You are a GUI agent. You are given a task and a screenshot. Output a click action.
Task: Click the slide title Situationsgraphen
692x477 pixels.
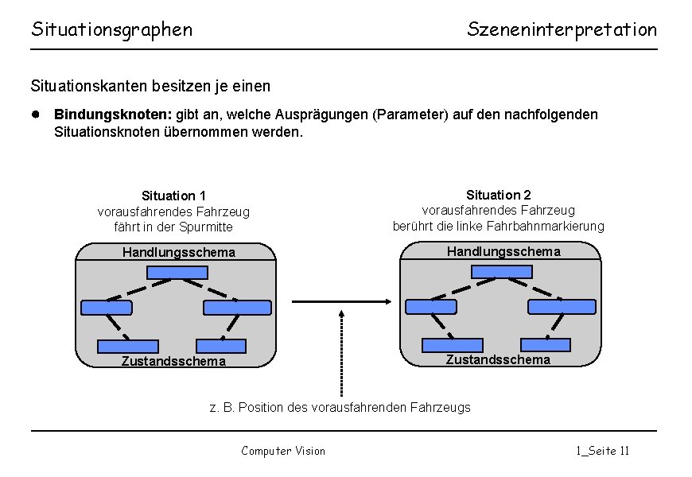[111, 30]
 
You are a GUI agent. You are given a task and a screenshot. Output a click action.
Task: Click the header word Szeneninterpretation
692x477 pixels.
[562, 30]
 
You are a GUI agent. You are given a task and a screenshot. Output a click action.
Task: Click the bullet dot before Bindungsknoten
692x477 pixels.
[36, 114]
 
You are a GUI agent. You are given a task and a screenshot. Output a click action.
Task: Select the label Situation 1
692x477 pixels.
[173, 196]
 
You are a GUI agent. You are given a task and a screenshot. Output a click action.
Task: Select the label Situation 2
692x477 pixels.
[499, 195]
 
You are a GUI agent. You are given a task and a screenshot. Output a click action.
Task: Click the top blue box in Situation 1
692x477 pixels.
[177, 272]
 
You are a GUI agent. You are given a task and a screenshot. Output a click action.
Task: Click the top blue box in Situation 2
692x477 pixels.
[501, 271]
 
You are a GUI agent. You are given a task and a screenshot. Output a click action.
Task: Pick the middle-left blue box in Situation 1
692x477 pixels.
[107, 308]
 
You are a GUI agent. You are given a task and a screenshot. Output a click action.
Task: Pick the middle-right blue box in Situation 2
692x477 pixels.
[562, 306]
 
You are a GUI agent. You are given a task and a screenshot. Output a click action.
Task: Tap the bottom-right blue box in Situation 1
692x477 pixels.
[220, 346]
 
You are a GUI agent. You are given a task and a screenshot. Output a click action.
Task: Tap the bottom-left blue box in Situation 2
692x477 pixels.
[452, 345]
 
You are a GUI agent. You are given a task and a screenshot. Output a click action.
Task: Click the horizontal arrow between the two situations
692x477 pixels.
[340, 301]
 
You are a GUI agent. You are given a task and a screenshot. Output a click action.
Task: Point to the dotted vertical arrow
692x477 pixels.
[340, 354]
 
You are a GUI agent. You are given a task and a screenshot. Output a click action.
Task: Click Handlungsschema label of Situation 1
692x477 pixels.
[179, 253]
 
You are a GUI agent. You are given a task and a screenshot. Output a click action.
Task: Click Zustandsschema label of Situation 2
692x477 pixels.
[498, 359]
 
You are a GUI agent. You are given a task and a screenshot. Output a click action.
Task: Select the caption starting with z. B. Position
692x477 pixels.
[340, 408]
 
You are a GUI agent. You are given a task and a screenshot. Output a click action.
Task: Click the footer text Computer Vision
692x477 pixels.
[283, 451]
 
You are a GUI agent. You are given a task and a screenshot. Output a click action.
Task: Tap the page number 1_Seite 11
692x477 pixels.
[602, 451]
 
